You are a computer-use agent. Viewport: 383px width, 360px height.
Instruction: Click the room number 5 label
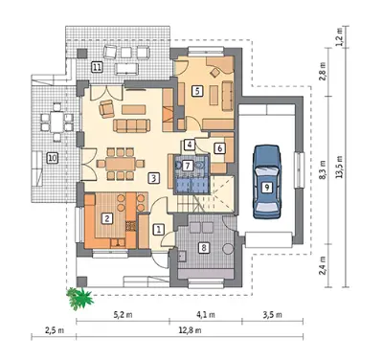tap(197, 91)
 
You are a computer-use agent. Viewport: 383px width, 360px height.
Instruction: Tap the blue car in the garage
tap(267, 182)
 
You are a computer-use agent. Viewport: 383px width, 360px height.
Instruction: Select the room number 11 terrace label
tap(97, 67)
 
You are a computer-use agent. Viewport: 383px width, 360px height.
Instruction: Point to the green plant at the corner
tap(79, 299)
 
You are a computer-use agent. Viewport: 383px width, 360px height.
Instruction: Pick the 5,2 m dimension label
tap(123, 315)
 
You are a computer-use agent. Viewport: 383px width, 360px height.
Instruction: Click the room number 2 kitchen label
tap(107, 218)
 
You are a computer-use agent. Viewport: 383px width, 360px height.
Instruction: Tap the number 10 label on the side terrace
tap(53, 158)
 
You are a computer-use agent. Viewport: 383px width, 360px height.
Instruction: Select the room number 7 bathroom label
tap(188, 166)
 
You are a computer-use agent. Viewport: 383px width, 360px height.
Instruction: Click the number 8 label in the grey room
tap(204, 247)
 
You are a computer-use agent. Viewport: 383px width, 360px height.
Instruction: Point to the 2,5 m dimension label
tap(55, 330)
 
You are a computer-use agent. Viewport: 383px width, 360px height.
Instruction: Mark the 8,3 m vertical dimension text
tap(323, 169)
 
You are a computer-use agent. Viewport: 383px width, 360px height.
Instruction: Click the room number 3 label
tap(153, 178)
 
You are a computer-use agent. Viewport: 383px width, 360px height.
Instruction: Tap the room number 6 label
tap(220, 148)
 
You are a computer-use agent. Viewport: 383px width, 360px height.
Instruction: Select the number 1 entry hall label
tap(159, 229)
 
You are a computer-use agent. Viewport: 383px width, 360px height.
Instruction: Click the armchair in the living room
tap(106, 109)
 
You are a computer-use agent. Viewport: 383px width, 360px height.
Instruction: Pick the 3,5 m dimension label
tap(273, 315)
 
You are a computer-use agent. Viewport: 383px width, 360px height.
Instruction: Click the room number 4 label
tap(190, 145)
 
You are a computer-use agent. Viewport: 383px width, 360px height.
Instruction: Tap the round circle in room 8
tap(228, 249)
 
